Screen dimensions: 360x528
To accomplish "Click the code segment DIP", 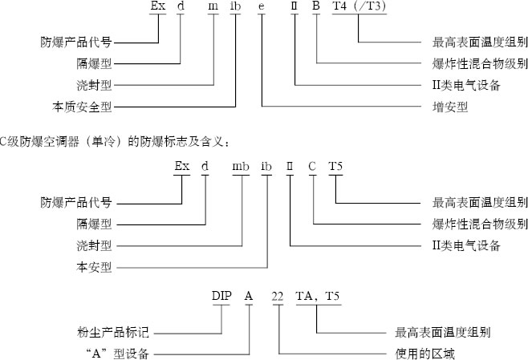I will coord(221,296).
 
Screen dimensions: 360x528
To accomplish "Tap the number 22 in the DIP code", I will coord(278,296).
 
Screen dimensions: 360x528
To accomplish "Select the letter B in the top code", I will coord(316,8).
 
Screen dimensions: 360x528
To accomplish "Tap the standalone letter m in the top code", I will coord(213,8).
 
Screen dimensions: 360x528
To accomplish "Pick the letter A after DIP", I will coord(249,296).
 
